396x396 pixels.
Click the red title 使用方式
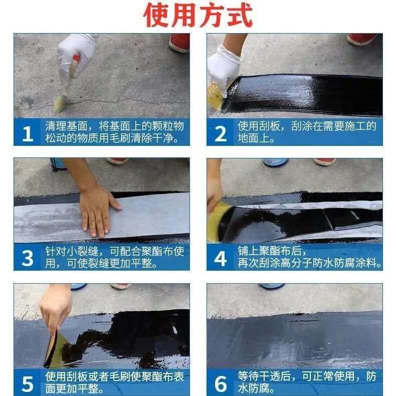tap(198, 15)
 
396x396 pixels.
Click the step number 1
tap(28, 133)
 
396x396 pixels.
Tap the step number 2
tap(220, 133)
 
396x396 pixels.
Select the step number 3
tap(27, 258)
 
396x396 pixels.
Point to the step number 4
tap(220, 258)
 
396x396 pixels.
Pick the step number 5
tap(27, 384)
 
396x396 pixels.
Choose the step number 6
tap(221, 383)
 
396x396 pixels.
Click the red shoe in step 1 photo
tap(179, 43)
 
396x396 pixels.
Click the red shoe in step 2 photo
tap(361, 39)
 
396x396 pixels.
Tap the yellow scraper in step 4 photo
tap(218, 222)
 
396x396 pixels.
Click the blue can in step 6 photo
tap(272, 286)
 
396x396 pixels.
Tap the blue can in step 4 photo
tap(276, 162)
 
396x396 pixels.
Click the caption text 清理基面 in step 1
tap(67, 126)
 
